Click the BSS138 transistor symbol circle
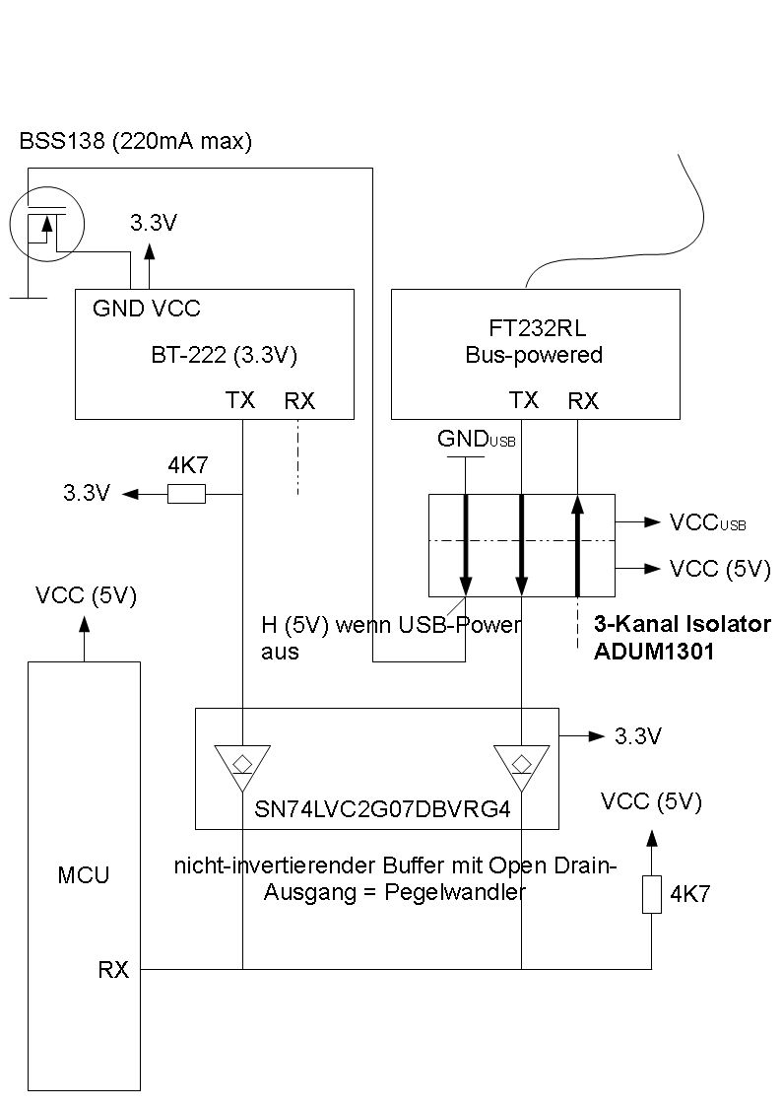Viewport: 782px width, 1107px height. [47, 224]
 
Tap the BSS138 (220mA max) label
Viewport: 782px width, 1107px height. [136, 142]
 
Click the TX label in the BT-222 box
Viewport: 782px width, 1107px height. [240, 400]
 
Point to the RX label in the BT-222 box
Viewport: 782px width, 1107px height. [299, 401]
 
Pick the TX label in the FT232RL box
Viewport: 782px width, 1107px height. [524, 400]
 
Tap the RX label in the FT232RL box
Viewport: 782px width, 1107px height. [583, 401]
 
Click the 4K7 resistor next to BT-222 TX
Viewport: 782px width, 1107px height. [187, 494]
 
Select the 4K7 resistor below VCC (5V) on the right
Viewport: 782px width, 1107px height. [651, 894]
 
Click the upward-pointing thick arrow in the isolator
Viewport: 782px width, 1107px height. [578, 545]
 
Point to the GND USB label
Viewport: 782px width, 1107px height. [477, 440]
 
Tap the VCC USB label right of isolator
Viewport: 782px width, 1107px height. [707, 522]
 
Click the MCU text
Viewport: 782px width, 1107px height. [84, 874]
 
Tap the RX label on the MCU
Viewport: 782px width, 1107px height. [113, 970]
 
